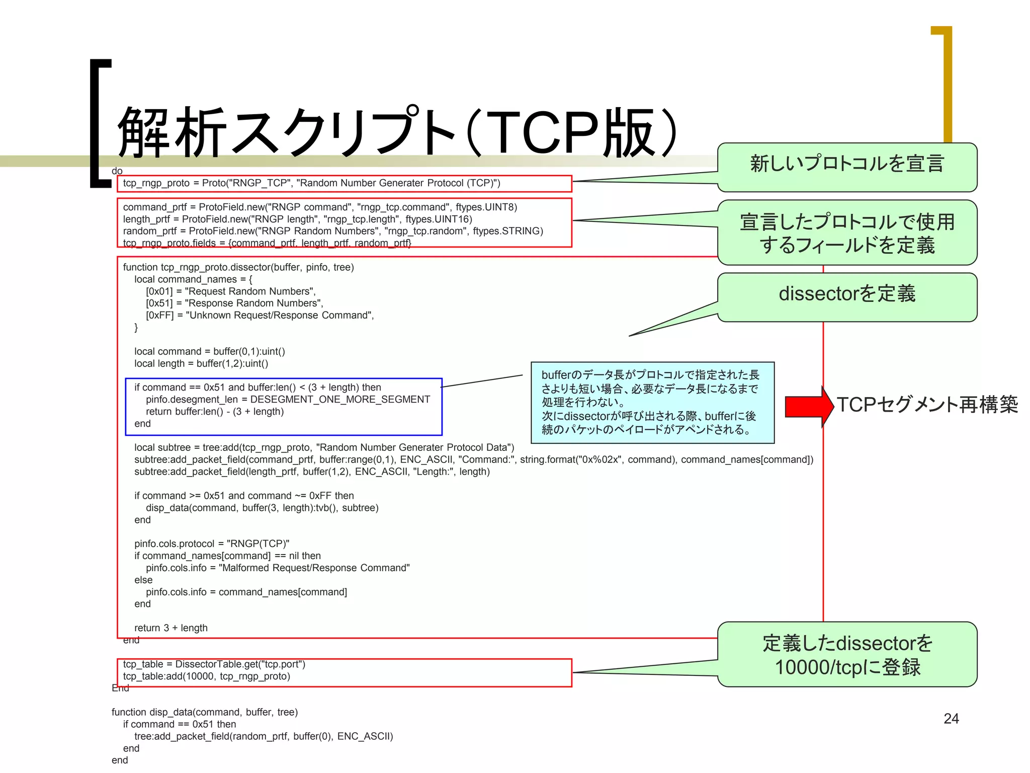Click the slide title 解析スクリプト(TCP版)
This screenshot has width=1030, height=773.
[x=397, y=132]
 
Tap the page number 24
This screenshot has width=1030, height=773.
[x=951, y=718]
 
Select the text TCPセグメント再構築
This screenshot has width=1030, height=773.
[x=927, y=405]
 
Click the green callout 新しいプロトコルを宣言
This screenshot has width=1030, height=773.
[x=847, y=166]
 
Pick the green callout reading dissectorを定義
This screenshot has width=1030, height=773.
[x=847, y=296]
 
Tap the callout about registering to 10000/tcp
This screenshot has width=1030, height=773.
[x=847, y=654]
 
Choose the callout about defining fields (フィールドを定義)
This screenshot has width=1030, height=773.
[x=847, y=233]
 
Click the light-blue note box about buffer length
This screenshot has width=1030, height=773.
[x=652, y=402]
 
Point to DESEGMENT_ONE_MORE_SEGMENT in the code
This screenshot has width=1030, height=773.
[x=340, y=400]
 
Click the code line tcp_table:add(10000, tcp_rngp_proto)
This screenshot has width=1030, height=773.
[x=207, y=676]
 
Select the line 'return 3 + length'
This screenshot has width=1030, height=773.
[x=171, y=628]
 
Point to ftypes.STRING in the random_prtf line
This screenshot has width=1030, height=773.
[x=507, y=231]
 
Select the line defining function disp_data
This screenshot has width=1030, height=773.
[x=205, y=712]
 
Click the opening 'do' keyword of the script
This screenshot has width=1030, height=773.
[x=117, y=171]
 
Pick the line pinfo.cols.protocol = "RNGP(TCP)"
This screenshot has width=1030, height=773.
[x=212, y=544]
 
